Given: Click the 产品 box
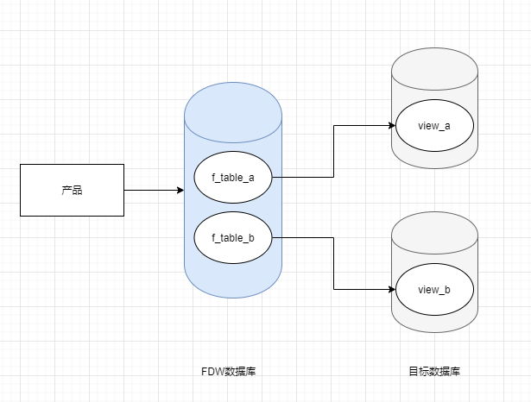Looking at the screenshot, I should coord(73,190).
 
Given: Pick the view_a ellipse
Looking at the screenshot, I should coord(434,125).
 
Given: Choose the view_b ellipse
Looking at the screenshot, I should coord(434,289).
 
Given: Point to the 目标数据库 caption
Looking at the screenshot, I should coord(434,372).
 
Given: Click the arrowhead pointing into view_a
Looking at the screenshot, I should coord(390,125).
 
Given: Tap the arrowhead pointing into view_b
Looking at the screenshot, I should coord(390,289).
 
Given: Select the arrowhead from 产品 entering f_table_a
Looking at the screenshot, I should coord(189,190).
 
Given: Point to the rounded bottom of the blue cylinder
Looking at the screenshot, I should coord(233,289).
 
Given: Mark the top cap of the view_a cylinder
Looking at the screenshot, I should coord(434,65).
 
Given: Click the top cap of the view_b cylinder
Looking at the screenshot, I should coord(434,229).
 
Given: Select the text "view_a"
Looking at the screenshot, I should coord(434,125).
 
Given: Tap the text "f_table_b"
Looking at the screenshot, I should coord(233,237).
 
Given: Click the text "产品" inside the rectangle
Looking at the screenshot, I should coord(73,190).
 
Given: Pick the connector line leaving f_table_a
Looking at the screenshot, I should coord(334,155).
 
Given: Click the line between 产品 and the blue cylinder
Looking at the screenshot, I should coord(155,190).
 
